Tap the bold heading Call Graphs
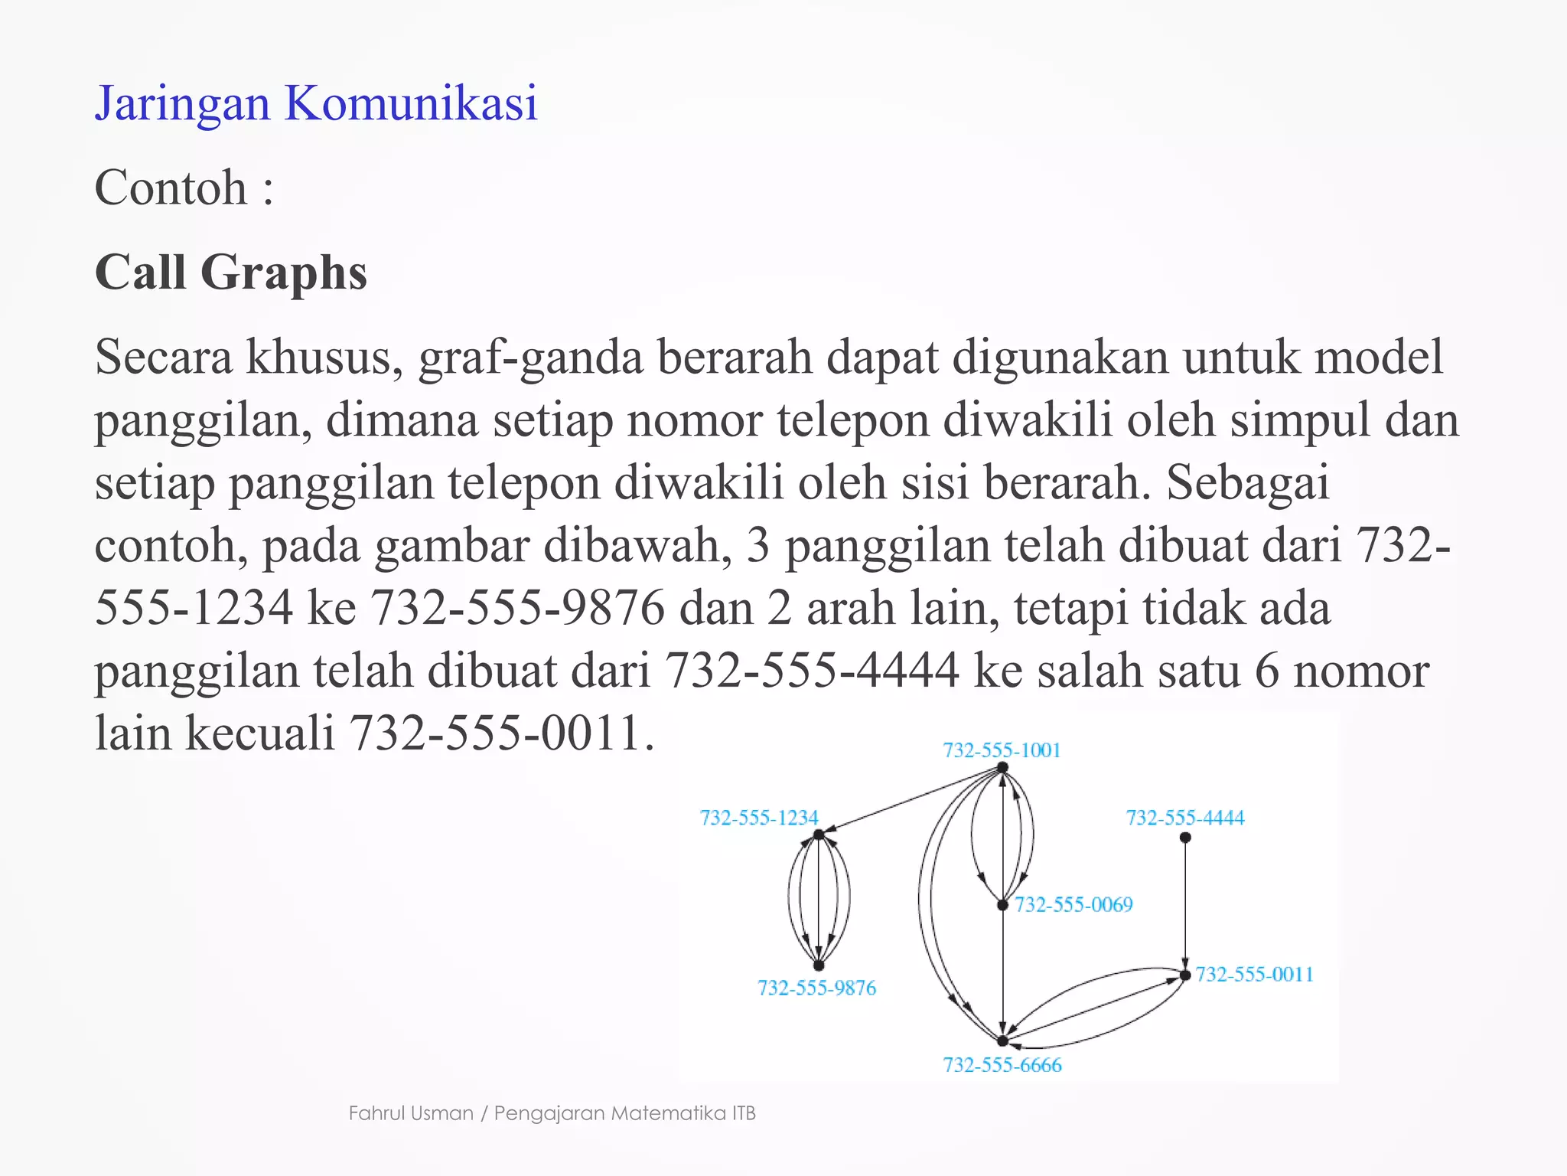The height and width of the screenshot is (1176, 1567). point(230,273)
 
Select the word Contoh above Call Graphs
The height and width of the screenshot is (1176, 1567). point(171,188)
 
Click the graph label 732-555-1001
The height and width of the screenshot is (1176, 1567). point(1002,750)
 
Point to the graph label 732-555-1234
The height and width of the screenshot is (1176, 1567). point(759,818)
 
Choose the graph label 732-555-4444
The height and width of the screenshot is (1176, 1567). point(1185,818)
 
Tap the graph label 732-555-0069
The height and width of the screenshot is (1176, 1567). point(1073,904)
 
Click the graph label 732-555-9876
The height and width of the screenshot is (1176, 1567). point(816,988)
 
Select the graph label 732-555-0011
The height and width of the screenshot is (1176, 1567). point(1254,974)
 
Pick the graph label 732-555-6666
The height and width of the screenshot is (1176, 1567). point(1002,1065)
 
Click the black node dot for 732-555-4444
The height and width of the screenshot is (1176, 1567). point(1185,838)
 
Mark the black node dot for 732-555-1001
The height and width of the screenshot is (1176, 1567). point(1002,767)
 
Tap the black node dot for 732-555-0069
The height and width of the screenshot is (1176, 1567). point(1002,905)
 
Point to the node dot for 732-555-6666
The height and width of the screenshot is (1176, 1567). point(1002,1041)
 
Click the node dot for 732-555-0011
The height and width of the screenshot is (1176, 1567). point(1185,975)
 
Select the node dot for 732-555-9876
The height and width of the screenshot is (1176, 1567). point(818,965)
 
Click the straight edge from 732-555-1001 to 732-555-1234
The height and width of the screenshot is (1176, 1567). point(911,801)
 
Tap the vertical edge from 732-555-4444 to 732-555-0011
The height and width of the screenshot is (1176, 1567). point(1185,903)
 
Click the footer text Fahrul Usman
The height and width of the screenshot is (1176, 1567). point(411,1113)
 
